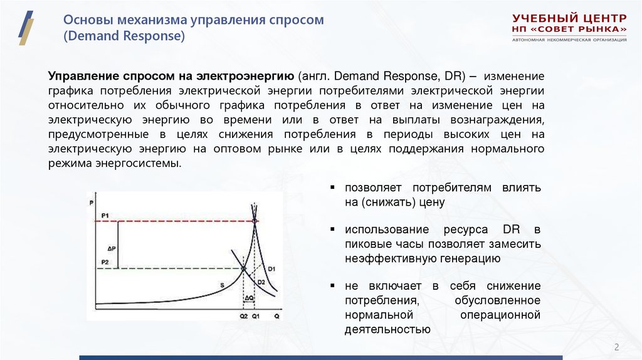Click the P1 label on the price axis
105,216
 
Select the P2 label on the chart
105,262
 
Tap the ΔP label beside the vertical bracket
112,246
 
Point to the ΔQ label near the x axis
249,297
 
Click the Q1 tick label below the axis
256,315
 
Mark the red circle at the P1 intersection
254,221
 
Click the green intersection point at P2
243,269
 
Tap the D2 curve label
260,283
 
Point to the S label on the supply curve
222,285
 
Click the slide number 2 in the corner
616,347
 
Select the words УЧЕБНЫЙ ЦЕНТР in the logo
569,18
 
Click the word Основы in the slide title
85,20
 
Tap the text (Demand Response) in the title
124,36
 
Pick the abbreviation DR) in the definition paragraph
453,76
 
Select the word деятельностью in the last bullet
387,329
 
